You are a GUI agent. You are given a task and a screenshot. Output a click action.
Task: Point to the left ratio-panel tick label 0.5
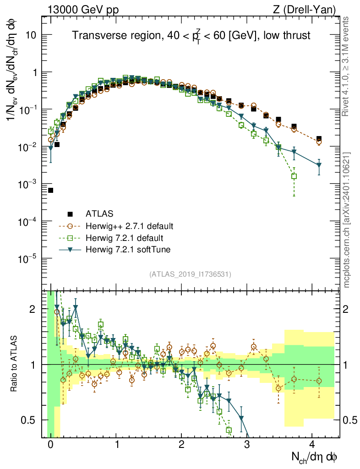pyautogui.click(x=30, y=420)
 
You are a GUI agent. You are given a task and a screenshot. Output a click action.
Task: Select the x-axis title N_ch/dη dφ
pyautogui.click(x=315, y=457)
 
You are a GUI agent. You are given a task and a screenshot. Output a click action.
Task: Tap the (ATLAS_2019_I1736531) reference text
pyautogui.click(x=190, y=274)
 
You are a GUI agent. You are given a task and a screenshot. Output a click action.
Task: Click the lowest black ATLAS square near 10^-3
pyautogui.click(x=50, y=190)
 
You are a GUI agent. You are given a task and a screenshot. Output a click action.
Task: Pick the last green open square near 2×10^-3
pyautogui.click(x=294, y=176)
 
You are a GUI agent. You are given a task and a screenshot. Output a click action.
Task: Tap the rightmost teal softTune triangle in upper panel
pyautogui.click(x=319, y=165)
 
